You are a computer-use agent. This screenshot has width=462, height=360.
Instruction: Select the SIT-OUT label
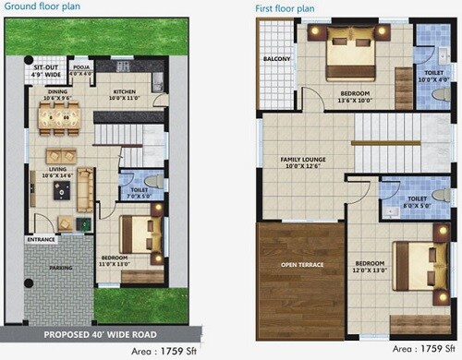click(46, 68)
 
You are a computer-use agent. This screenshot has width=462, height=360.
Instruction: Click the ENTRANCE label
click(41, 240)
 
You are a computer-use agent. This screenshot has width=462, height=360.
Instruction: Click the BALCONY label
click(276, 60)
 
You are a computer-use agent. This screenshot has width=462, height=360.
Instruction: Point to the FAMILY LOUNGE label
click(303, 161)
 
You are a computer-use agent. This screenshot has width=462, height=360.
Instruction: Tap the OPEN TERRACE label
click(302, 266)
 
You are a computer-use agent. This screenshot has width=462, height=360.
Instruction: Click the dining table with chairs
click(58, 117)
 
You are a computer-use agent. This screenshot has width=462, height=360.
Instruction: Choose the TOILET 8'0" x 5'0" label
click(417, 198)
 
